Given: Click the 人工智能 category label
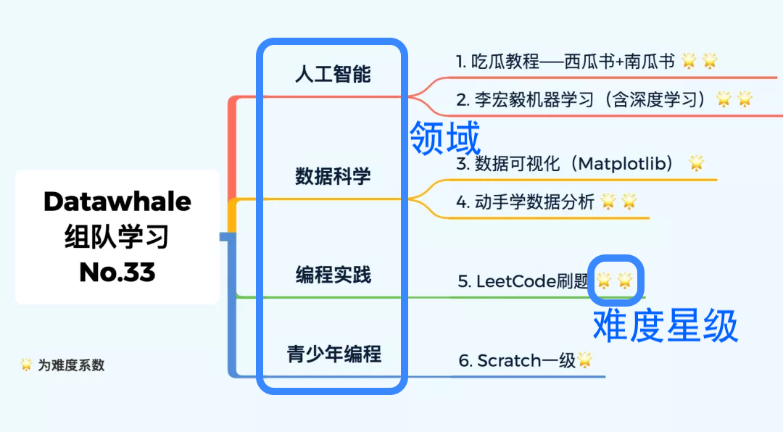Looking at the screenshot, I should (333, 74).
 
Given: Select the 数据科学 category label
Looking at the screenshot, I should (333, 175).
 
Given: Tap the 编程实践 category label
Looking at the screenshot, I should (333, 275).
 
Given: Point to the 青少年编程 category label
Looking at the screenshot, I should (333, 354).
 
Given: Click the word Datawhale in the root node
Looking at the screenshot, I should (117, 202).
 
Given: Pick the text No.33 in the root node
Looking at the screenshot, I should (117, 272).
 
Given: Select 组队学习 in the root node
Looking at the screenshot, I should (117, 236).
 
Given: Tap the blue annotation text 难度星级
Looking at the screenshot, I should (665, 325).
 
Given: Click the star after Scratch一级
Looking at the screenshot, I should (584, 360).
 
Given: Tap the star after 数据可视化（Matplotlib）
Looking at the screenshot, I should (696, 162).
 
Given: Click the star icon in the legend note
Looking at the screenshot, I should (26, 365).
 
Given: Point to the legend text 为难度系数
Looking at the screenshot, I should (71, 365).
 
